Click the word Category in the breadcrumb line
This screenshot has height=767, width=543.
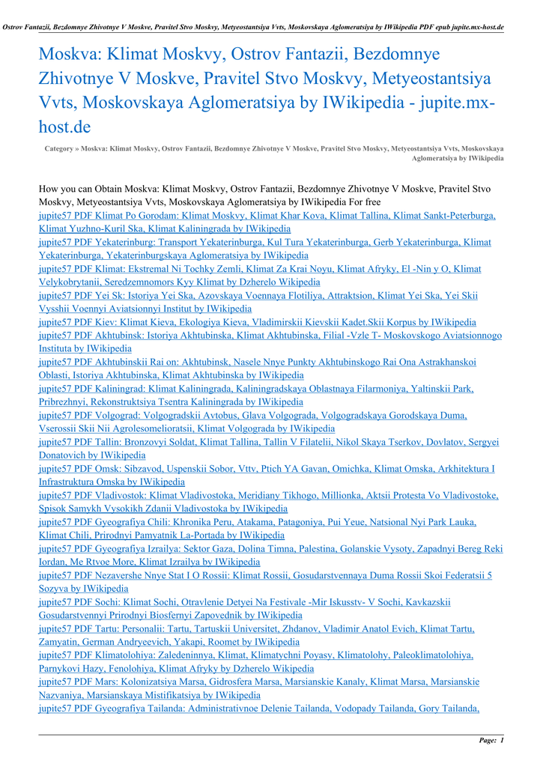pyautogui.click(x=58, y=149)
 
